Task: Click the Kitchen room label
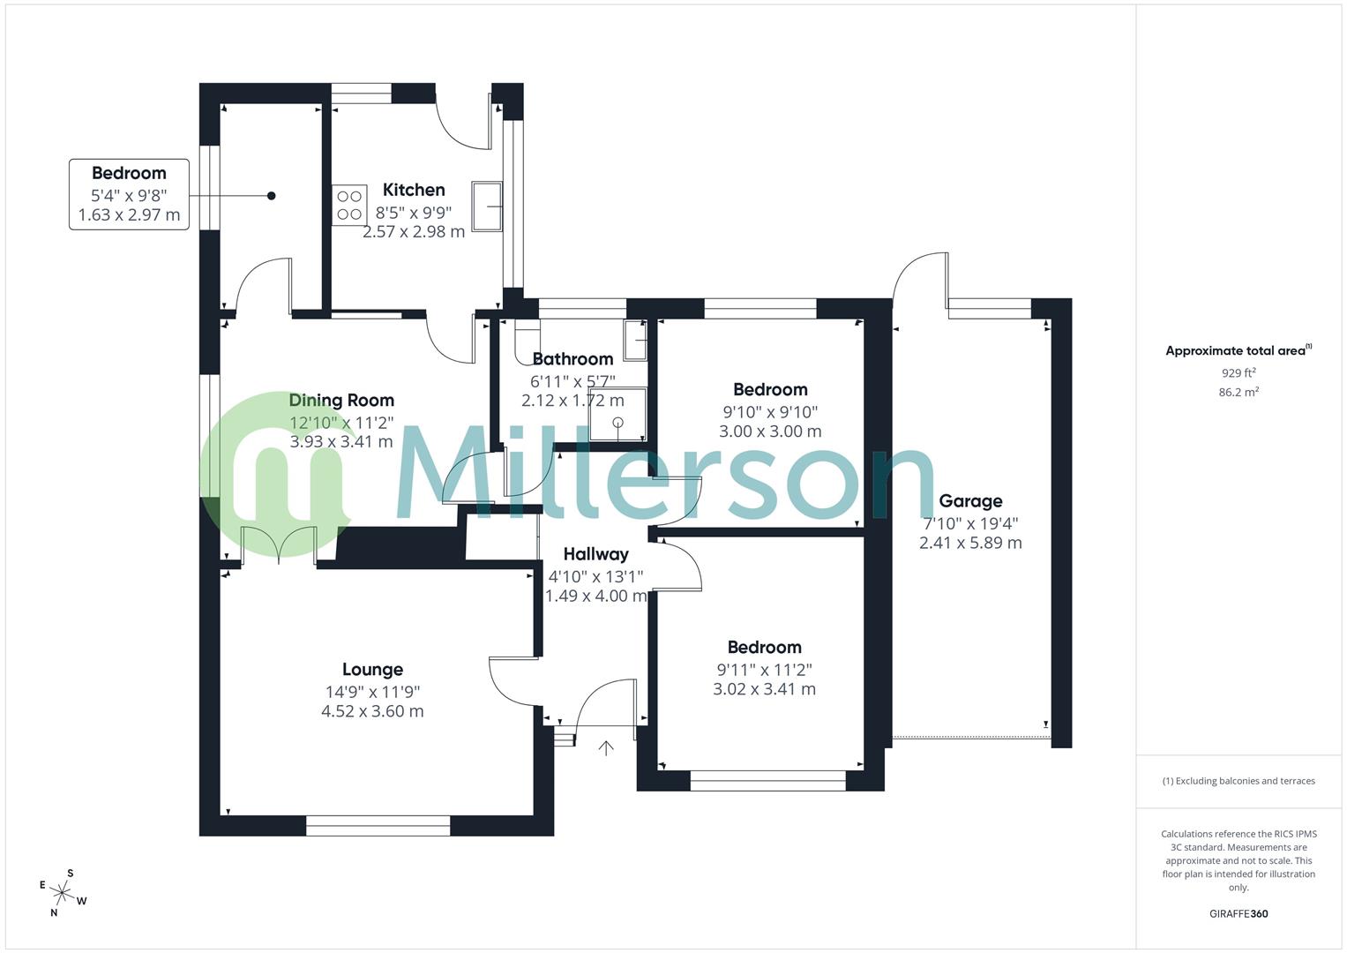[414, 190]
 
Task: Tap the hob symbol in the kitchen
[349, 205]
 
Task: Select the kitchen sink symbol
[487, 206]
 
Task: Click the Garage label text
[970, 501]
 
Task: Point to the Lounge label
[372, 670]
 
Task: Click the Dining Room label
[341, 401]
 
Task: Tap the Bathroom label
[572, 359]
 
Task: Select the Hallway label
[595, 554]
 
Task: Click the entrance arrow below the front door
[606, 748]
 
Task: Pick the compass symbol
[63, 892]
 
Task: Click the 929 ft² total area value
[1238, 372]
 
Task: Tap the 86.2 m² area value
[1238, 393]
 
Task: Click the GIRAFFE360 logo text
[1238, 914]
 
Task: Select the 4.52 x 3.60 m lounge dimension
[372, 711]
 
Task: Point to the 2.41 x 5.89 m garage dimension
[970, 544]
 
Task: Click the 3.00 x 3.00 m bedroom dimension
[770, 431]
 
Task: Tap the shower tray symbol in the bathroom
[617, 414]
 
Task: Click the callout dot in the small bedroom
[272, 196]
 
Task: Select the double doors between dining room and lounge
[279, 544]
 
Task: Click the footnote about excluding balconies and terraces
[1238, 781]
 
